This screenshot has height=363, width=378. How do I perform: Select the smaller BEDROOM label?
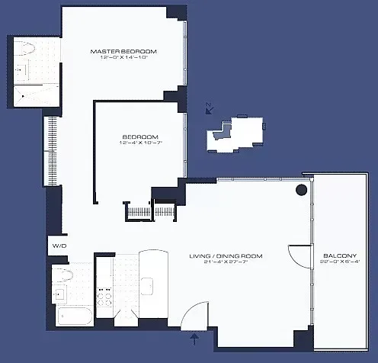[139, 137]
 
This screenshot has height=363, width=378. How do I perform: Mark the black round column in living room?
[302, 189]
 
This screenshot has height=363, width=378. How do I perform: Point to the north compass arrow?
[209, 110]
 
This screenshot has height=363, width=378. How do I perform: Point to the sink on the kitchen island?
[149, 286]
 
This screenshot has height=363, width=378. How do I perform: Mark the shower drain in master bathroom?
[24, 96]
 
